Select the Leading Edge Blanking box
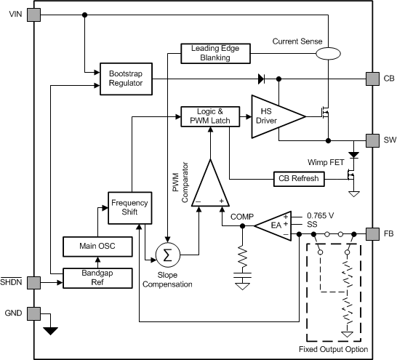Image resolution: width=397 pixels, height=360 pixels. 214,52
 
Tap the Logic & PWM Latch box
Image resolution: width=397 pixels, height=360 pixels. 209,116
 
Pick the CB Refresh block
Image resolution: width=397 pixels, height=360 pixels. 297,178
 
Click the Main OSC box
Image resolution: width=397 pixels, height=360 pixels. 98,246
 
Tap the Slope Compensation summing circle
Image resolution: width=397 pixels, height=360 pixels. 167,255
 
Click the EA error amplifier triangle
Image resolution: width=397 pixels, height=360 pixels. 270,226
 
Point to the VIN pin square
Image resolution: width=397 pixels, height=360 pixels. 33,15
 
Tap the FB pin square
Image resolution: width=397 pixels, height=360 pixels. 370,234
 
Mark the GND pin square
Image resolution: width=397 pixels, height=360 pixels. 33,313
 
